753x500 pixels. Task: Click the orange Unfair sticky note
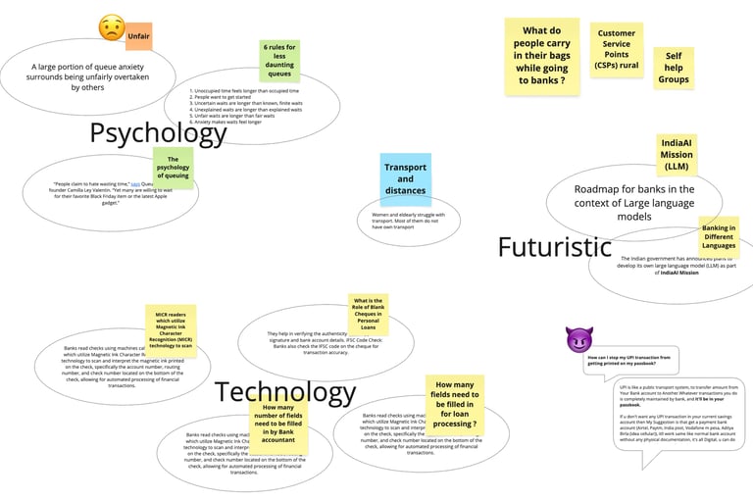pos(138,36)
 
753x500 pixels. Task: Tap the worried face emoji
pos(112,28)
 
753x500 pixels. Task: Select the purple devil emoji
pos(579,340)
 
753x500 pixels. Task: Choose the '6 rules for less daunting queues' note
pos(278,60)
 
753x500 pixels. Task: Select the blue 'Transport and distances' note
pos(405,179)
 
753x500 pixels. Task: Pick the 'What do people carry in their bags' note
pos(542,57)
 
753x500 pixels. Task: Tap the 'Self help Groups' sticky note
pos(674,69)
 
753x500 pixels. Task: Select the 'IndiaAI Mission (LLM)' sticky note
pos(676,154)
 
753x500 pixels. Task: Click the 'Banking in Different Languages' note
pos(718,235)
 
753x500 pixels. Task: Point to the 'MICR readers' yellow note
pos(172,330)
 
